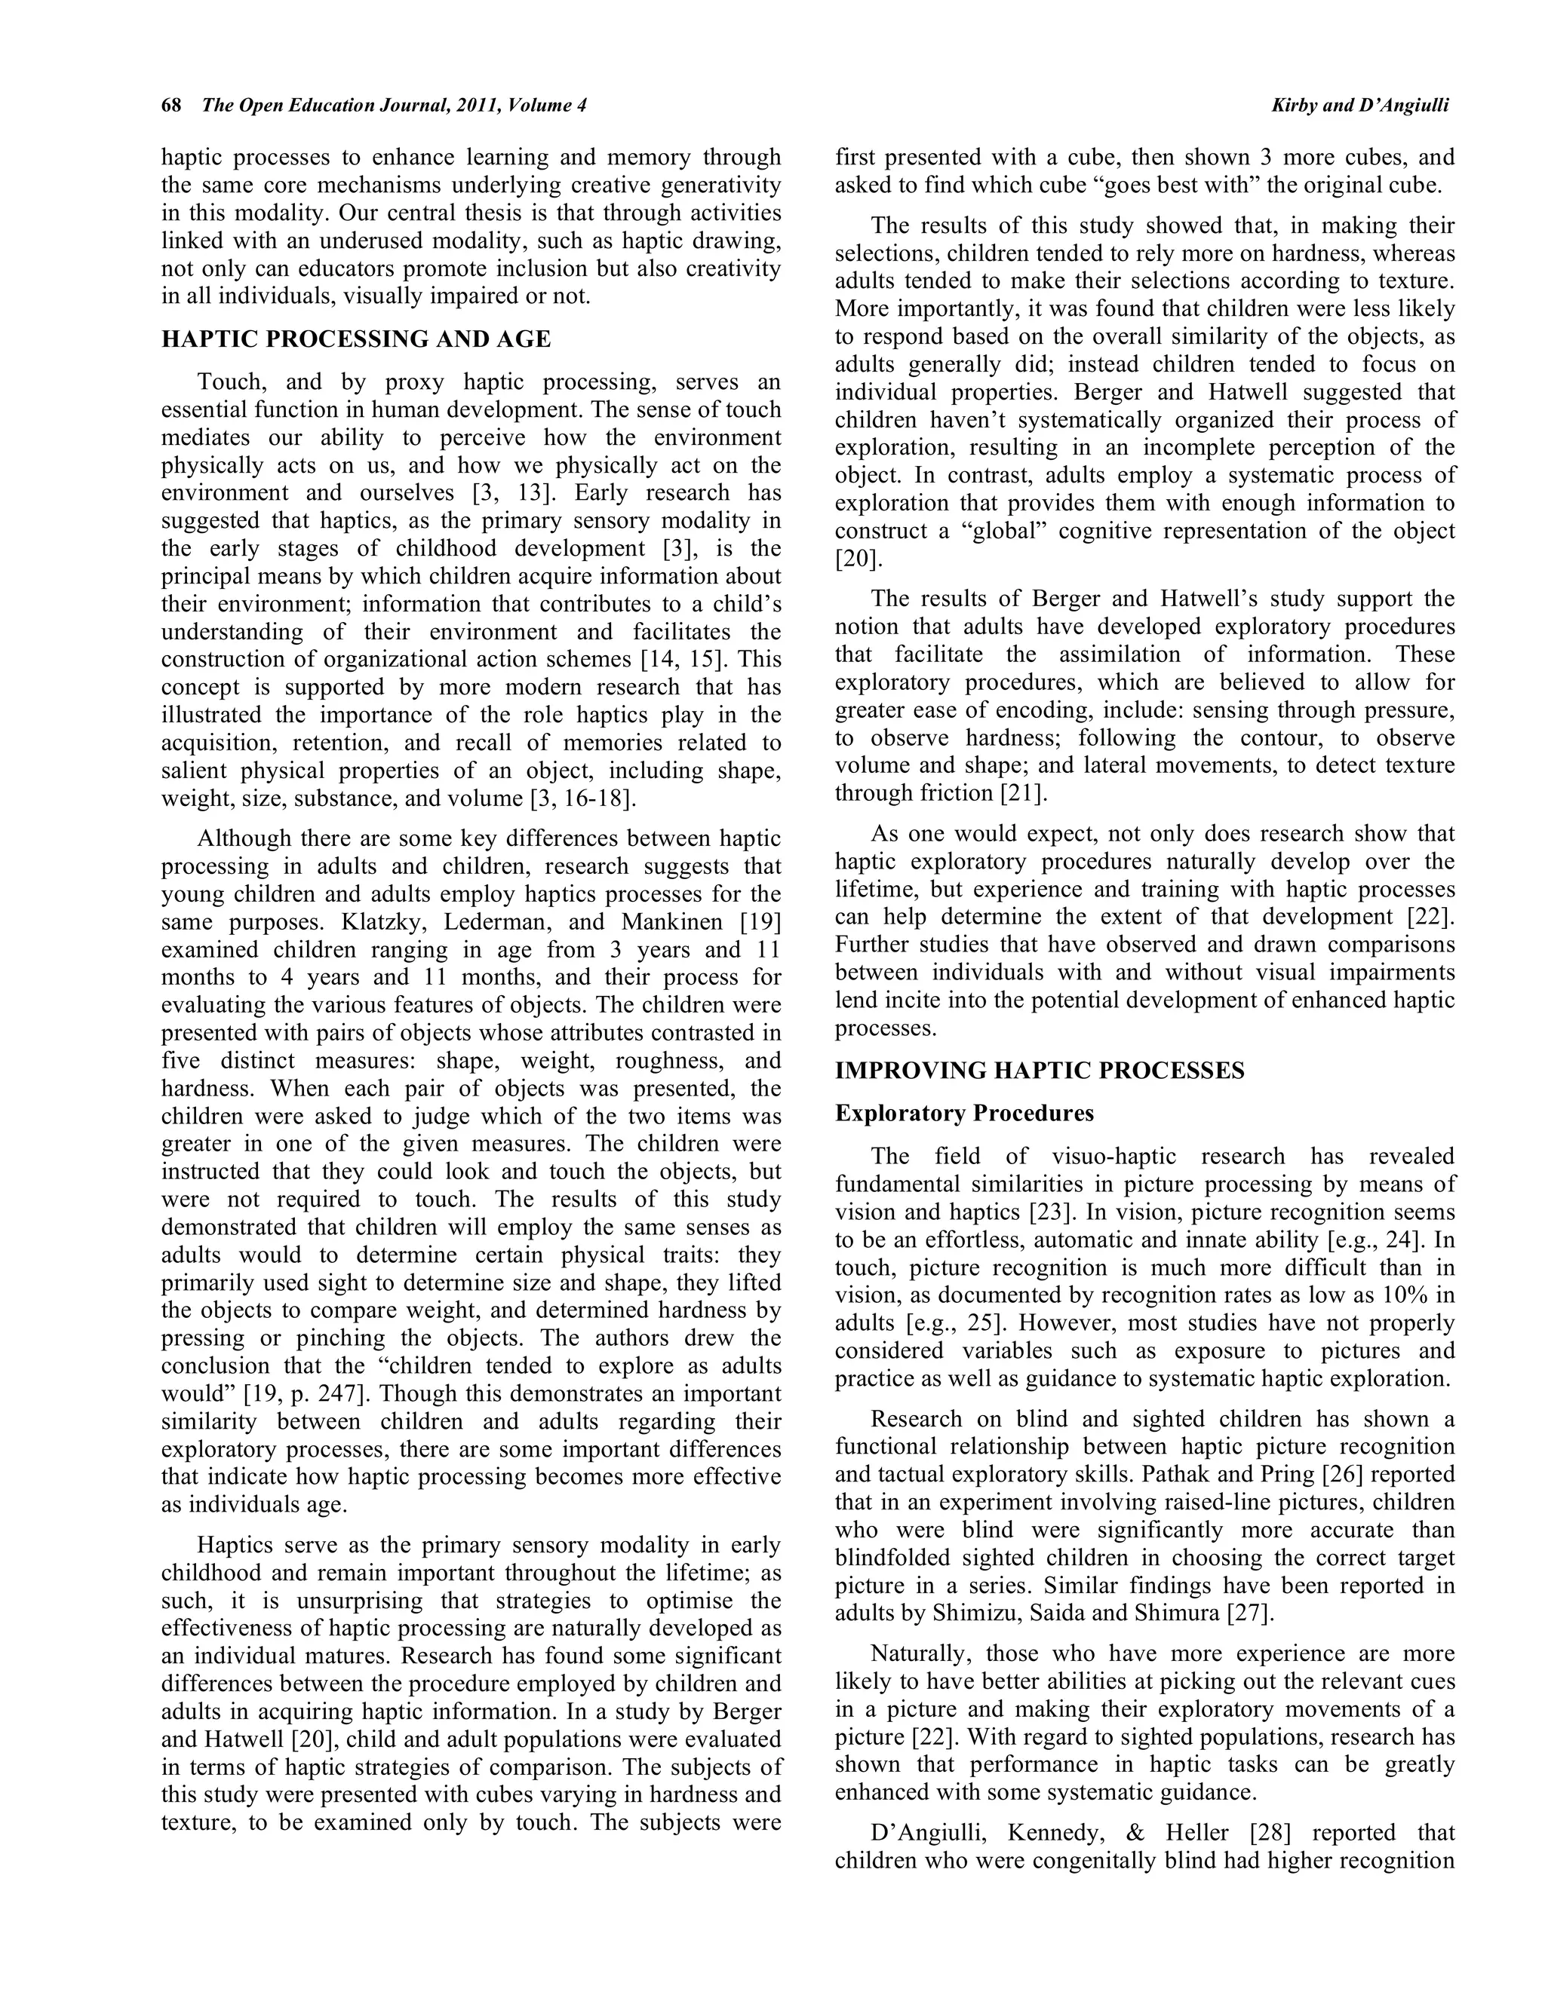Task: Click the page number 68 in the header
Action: click(x=170, y=106)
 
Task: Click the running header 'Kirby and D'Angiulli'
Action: click(x=1359, y=106)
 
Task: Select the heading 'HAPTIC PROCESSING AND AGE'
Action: click(x=356, y=339)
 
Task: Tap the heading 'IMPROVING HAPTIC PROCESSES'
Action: click(x=1039, y=1071)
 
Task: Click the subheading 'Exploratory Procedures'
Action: click(x=964, y=1114)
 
